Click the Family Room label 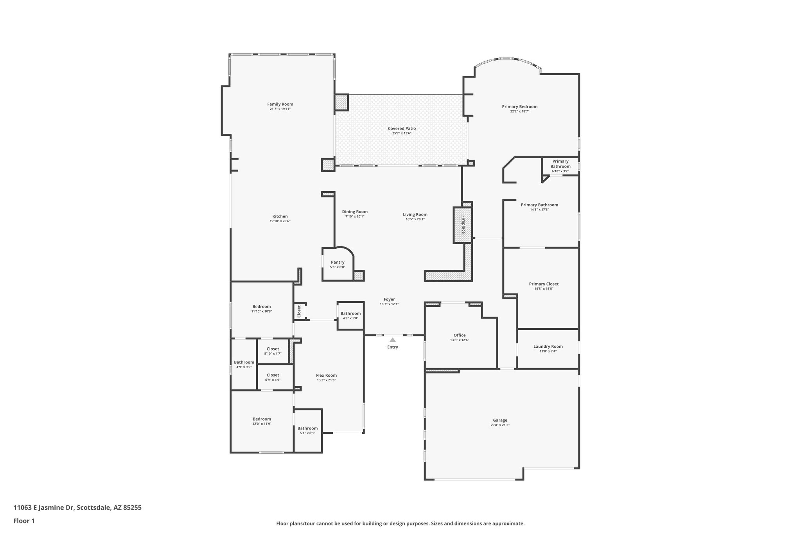280,104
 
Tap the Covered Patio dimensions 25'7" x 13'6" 402,133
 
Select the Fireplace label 463,225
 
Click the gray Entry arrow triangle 393,340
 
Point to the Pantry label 338,262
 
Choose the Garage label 500,420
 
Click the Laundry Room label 548,346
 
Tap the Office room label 460,335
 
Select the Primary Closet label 544,284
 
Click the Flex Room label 326,375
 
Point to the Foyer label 389,299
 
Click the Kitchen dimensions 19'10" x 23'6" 280,221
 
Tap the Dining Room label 355,212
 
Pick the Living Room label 415,214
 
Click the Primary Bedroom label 519,106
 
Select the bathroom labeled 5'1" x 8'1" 307,430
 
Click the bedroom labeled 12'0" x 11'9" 262,421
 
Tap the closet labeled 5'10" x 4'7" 273,351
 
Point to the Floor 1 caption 24,521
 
